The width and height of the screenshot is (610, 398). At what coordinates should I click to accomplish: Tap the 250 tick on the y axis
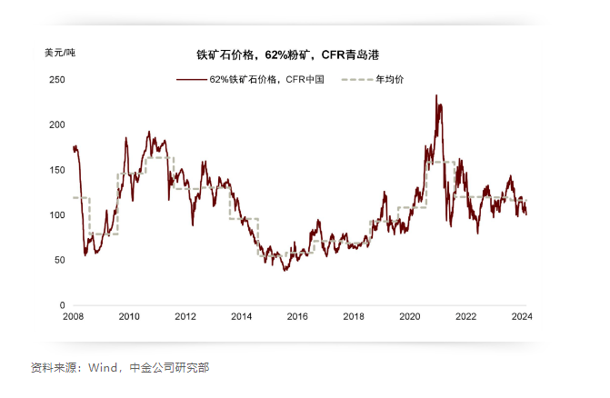[x=57, y=80]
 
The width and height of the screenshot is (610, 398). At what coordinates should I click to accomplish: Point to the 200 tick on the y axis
[x=57, y=124]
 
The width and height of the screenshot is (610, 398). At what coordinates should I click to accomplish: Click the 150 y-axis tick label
[x=57, y=170]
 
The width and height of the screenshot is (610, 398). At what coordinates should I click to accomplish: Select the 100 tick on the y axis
[x=57, y=215]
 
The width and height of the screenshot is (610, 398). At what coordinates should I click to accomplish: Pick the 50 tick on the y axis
[x=60, y=260]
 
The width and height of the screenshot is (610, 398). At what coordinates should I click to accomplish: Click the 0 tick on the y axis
[x=63, y=305]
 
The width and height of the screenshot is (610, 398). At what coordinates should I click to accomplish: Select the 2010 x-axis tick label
[x=129, y=317]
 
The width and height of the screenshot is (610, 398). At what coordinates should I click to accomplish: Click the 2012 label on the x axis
[x=185, y=317]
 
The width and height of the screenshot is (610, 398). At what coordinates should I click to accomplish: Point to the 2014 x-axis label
[x=241, y=317]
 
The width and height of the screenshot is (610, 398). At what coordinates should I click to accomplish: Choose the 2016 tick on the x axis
[x=297, y=317]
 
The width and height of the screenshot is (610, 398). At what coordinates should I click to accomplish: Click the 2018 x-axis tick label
[x=354, y=317]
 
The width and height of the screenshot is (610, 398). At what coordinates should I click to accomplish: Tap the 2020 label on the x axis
[x=409, y=317]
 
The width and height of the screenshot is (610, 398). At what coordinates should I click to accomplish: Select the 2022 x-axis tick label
[x=465, y=317]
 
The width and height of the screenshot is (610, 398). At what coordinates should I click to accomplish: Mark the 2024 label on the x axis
[x=521, y=317]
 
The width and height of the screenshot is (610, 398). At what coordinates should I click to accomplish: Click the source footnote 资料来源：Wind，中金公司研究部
[x=120, y=368]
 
